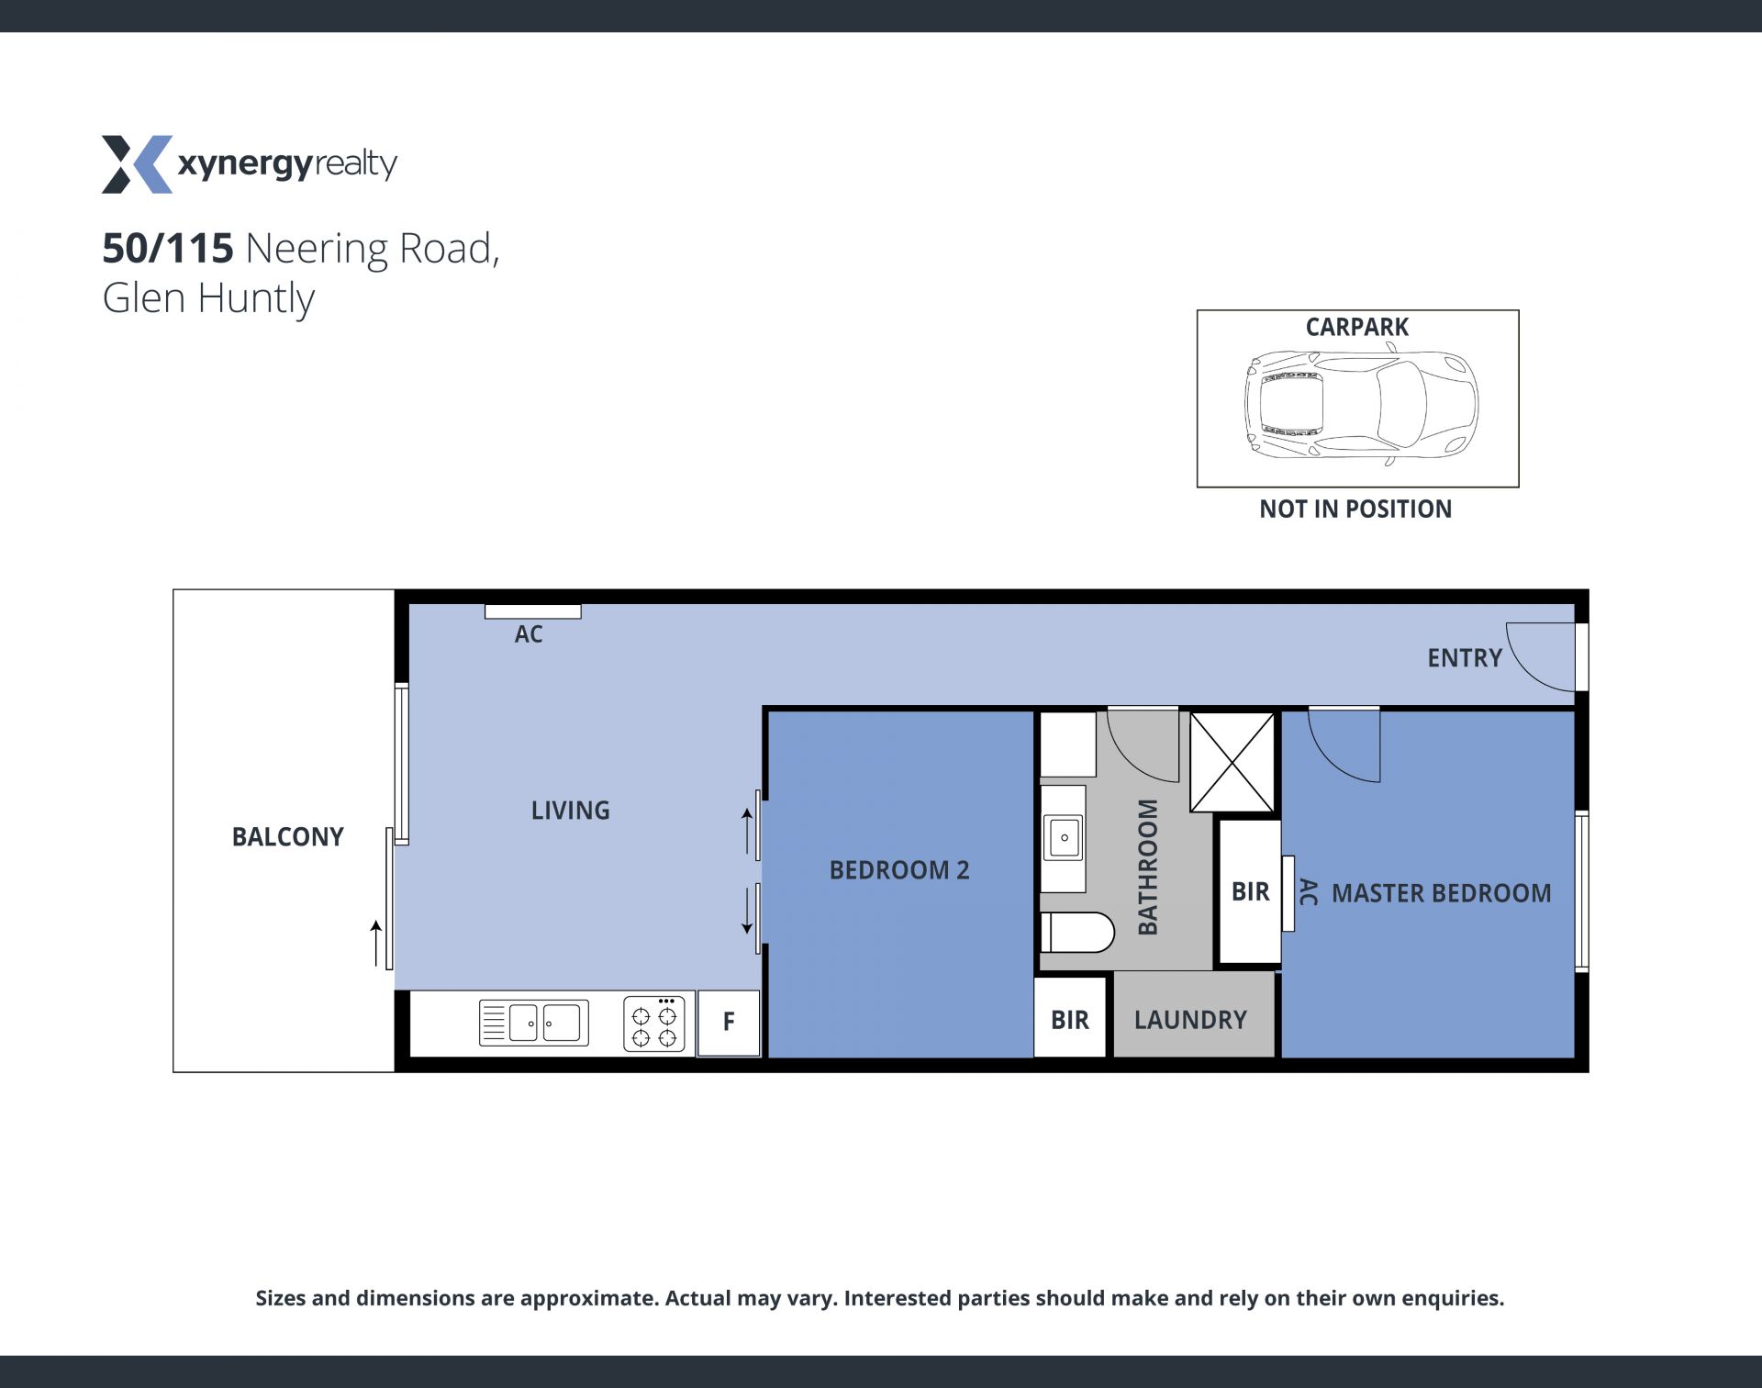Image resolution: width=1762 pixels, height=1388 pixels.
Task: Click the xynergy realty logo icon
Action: pyautogui.click(x=137, y=164)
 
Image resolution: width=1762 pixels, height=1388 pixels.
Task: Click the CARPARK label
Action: pyautogui.click(x=1356, y=327)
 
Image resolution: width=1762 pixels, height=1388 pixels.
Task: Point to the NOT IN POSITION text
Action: pyautogui.click(x=1355, y=509)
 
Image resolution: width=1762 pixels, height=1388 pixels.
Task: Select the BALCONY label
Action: pyautogui.click(x=287, y=836)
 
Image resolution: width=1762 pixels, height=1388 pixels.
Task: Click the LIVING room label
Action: pyautogui.click(x=570, y=810)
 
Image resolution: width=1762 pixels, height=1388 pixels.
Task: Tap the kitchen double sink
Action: pyautogui.click(x=533, y=1023)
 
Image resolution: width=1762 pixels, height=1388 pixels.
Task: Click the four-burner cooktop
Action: pyautogui.click(x=653, y=1024)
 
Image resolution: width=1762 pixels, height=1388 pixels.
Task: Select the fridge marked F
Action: pyautogui.click(x=729, y=1023)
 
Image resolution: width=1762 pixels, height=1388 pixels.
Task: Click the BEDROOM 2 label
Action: pyautogui.click(x=899, y=869)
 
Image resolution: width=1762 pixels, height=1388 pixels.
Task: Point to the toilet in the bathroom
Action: pyautogui.click(x=1077, y=932)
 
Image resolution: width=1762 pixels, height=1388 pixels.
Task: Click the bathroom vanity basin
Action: pyautogui.click(x=1065, y=838)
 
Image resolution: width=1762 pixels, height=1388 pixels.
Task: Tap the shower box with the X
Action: pyautogui.click(x=1232, y=763)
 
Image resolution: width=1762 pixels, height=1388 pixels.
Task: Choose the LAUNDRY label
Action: pyautogui.click(x=1190, y=1020)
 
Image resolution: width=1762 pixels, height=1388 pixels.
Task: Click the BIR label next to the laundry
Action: pyautogui.click(x=1070, y=1020)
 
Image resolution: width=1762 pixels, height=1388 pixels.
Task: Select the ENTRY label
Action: pyautogui.click(x=1465, y=657)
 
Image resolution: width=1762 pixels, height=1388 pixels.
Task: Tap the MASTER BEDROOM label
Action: pyautogui.click(x=1441, y=892)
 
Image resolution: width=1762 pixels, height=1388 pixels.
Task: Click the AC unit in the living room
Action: pyautogui.click(x=532, y=611)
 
